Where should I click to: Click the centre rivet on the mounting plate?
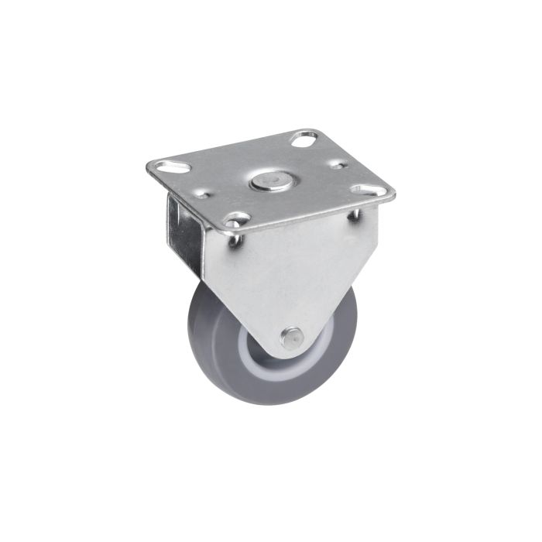[268, 183]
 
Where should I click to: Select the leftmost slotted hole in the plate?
[171, 166]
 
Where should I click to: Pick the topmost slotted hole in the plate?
[305, 142]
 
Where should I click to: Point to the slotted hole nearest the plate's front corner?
[237, 220]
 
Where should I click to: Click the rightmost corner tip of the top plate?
[394, 196]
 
